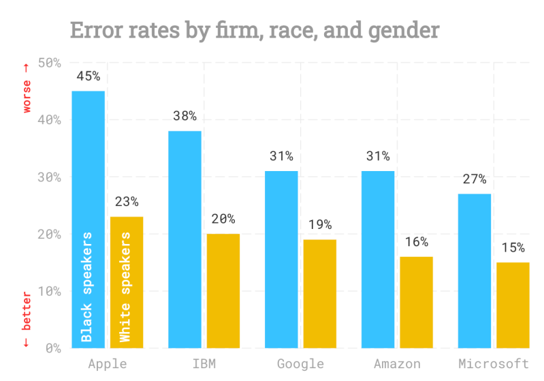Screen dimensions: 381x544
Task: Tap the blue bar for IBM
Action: click(x=185, y=239)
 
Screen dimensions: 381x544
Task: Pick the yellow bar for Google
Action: click(x=319, y=293)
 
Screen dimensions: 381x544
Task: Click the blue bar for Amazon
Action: click(x=378, y=259)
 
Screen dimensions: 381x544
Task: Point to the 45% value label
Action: click(x=88, y=76)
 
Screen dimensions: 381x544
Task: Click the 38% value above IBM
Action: click(x=185, y=116)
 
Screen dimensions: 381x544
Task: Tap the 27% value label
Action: click(x=475, y=179)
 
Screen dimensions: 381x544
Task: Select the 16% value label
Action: click(x=416, y=242)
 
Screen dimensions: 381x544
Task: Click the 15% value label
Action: click(x=513, y=247)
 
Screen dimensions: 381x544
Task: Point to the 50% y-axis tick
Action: click(x=50, y=63)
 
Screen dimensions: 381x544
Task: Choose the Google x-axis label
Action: click(x=300, y=363)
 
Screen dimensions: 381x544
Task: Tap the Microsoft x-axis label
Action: click(x=494, y=363)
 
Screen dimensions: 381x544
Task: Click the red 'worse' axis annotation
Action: click(x=27, y=88)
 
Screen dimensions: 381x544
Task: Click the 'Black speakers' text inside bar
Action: click(x=86, y=287)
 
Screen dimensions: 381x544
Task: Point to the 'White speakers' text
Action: click(x=125, y=287)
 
